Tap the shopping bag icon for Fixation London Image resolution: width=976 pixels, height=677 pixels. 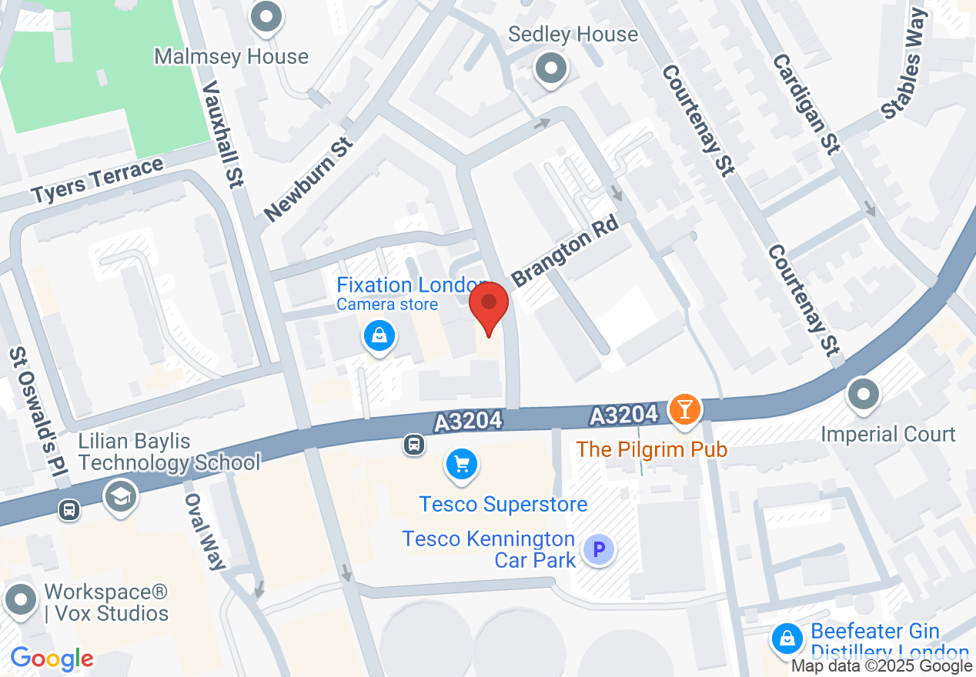pyautogui.click(x=379, y=336)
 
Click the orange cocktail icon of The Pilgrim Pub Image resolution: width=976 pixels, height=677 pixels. pyautogui.click(x=683, y=409)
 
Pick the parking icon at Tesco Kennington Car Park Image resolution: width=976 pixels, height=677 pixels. pyautogui.click(x=599, y=550)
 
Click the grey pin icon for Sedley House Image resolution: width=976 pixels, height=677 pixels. pyautogui.click(x=551, y=68)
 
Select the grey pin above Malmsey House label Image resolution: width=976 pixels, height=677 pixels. pyautogui.click(x=267, y=18)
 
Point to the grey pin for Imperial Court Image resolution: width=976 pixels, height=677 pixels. pyautogui.click(x=863, y=395)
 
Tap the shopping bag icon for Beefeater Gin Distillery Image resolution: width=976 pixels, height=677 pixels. pyautogui.click(x=787, y=639)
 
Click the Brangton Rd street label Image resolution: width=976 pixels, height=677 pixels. pyautogui.click(x=566, y=255)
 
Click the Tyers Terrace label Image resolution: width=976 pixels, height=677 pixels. pyautogui.click(x=98, y=182)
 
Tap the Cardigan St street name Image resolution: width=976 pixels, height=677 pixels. pyautogui.click(x=804, y=104)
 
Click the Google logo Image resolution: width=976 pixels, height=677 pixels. pyautogui.click(x=52, y=659)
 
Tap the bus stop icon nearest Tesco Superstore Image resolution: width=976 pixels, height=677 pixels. pyautogui.click(x=414, y=444)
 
